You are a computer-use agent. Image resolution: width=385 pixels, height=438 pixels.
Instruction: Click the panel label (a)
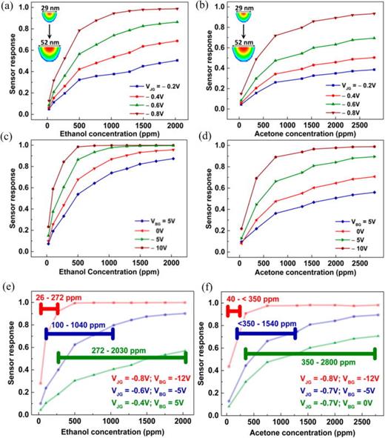(10, 7)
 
